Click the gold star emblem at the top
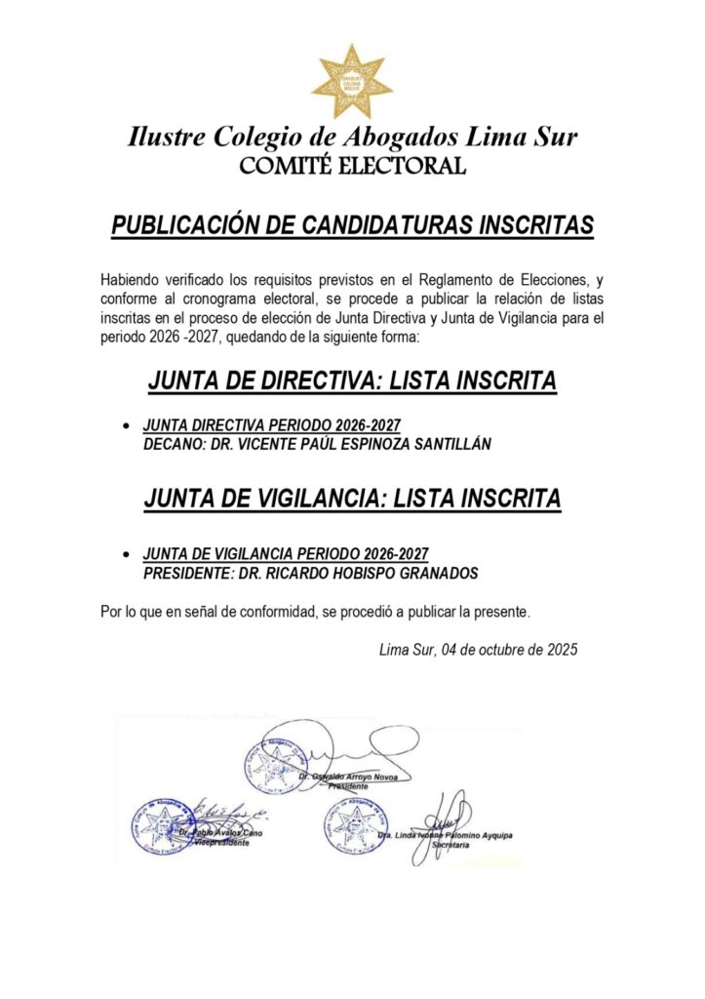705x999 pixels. tap(352, 82)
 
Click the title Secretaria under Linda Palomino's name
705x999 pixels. tap(451, 846)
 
